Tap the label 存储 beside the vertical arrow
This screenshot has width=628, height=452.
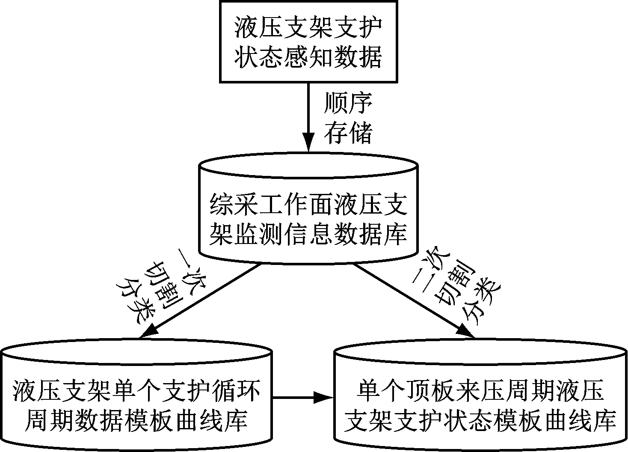(x=348, y=132)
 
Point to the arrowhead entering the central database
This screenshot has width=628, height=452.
(x=308, y=143)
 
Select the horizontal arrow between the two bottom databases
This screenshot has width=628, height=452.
(x=303, y=398)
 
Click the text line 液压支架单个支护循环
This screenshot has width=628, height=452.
(x=137, y=391)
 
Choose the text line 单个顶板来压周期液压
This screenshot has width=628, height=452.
(x=480, y=391)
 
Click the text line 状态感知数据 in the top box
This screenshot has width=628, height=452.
(x=308, y=57)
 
